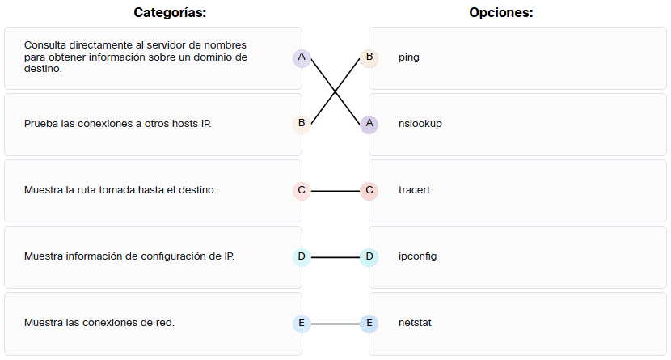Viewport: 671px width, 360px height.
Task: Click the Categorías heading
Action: click(170, 12)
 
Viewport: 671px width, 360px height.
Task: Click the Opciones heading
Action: click(500, 12)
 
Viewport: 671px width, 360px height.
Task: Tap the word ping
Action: click(408, 57)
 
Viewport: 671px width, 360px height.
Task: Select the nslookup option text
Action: click(420, 124)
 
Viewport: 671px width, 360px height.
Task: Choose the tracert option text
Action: click(414, 190)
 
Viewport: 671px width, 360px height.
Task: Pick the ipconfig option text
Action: click(417, 256)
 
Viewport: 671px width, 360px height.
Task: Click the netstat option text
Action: click(415, 323)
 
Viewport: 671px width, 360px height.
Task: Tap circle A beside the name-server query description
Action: click(302, 57)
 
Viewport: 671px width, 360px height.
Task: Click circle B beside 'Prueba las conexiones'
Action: click(302, 124)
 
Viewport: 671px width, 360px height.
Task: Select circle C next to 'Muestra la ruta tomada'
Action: click(302, 191)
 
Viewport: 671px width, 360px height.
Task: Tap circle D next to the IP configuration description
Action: click(302, 257)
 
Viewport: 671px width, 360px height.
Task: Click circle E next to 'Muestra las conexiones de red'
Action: click(302, 324)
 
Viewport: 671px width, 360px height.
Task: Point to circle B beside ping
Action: click(369, 57)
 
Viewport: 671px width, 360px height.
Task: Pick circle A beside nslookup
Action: click(369, 124)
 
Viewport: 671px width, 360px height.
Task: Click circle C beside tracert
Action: click(369, 191)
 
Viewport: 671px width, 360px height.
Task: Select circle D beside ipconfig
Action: click(369, 257)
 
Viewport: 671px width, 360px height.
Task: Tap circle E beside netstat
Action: click(369, 324)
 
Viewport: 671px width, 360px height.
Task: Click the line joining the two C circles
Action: click(335, 191)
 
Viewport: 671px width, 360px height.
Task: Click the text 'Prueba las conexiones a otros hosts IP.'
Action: click(118, 124)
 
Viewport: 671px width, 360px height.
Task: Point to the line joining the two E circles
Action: click(335, 324)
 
